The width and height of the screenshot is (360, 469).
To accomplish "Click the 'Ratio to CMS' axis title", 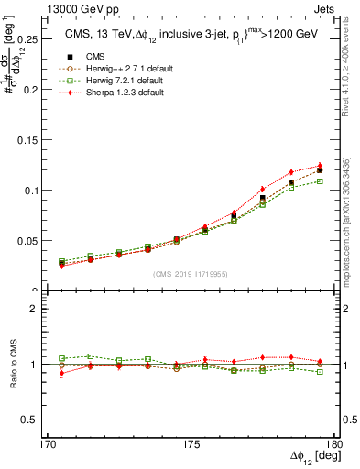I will click(12, 364).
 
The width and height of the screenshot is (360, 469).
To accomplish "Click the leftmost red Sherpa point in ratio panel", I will click(61, 373).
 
